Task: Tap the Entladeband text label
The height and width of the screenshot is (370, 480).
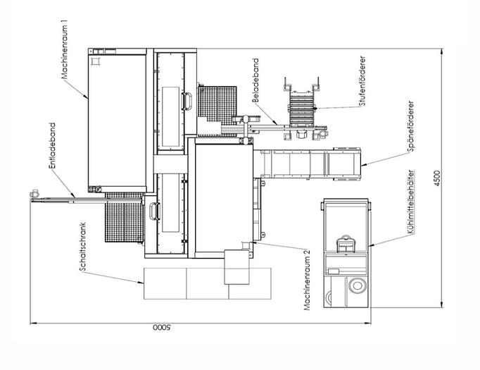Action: (52, 146)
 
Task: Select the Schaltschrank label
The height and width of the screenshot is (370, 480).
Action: (82, 247)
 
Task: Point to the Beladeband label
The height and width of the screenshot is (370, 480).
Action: (255, 80)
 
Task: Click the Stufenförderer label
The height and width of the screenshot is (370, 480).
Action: (362, 81)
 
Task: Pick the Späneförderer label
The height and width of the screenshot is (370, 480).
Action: (411, 126)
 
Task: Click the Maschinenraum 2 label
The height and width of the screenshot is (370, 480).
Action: (307, 279)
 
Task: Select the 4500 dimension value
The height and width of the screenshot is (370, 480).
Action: (437, 178)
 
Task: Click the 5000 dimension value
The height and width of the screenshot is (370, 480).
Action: (163, 328)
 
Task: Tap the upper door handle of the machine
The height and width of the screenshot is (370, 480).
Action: (187, 101)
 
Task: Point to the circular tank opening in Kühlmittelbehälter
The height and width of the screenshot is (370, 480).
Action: (357, 285)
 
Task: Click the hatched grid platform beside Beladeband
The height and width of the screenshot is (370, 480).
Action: (217, 106)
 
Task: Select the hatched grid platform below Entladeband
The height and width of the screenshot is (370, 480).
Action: (125, 217)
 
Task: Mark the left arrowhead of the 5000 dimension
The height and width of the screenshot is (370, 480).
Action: (34, 323)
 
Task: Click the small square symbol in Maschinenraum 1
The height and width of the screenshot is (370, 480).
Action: (96, 61)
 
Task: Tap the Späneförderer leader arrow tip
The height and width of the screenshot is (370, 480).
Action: (362, 166)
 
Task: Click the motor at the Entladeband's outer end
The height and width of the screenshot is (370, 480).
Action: (34, 194)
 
